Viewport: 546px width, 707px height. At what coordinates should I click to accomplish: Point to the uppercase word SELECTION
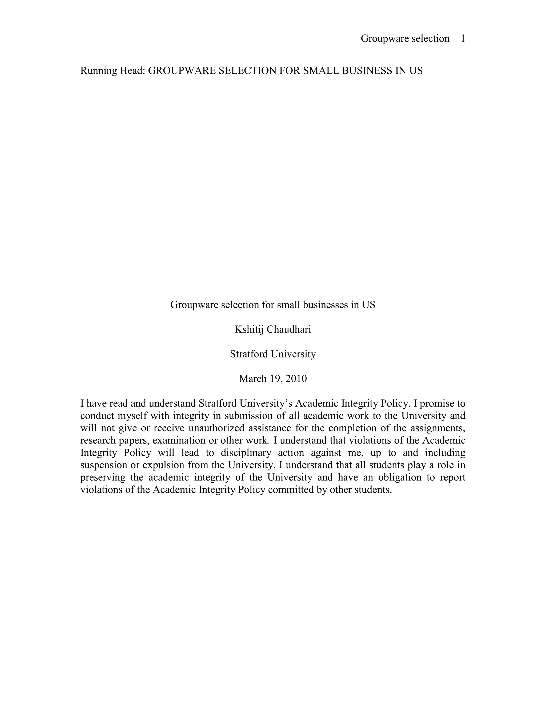pyautogui.click(x=247, y=71)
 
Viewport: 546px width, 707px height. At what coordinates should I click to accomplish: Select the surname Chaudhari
pyautogui.click(x=289, y=329)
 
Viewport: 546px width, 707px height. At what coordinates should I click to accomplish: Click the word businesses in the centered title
pyautogui.click(x=326, y=305)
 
